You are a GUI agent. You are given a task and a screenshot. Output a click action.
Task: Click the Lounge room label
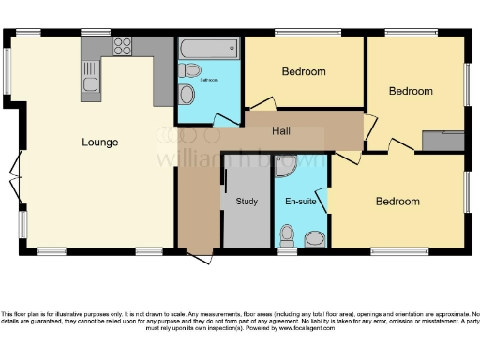[x=99, y=142]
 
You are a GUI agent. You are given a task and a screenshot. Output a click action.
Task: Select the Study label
[x=247, y=201]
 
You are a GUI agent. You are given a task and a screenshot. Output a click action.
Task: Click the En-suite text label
[x=300, y=201]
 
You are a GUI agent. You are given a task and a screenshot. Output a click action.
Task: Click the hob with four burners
[x=123, y=46]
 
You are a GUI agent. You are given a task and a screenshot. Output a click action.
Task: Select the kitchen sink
[x=90, y=76]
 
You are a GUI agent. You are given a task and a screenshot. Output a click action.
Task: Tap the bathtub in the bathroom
[x=208, y=48]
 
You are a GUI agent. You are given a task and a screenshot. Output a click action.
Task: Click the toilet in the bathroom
[x=191, y=69]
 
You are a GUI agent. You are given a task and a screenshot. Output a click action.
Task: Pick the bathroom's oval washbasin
[x=187, y=95]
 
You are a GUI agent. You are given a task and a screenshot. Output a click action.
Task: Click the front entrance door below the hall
[x=199, y=253]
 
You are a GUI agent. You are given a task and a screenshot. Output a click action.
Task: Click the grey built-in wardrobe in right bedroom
[x=442, y=141]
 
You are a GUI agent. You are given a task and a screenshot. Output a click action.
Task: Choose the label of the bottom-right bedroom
[x=397, y=201]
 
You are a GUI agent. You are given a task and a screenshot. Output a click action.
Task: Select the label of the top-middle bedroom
[x=304, y=71]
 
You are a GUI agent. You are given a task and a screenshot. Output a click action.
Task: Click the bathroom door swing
[x=223, y=118]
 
